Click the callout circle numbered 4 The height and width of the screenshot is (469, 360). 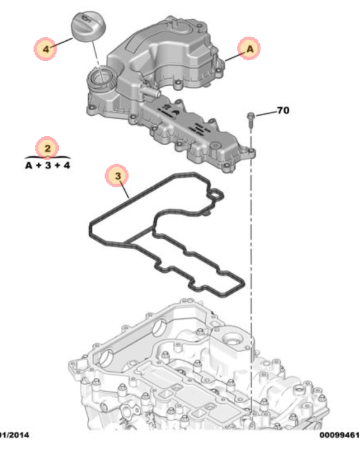[x=45, y=47]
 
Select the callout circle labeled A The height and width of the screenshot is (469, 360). [x=249, y=48]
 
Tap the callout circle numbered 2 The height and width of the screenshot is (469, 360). [x=47, y=147]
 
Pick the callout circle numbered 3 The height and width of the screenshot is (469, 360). [x=118, y=176]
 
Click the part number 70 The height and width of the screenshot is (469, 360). [x=283, y=111]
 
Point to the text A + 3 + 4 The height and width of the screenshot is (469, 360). [x=47, y=164]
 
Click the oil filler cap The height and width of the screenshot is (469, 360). [x=88, y=26]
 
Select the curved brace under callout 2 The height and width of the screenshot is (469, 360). [x=47, y=157]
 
